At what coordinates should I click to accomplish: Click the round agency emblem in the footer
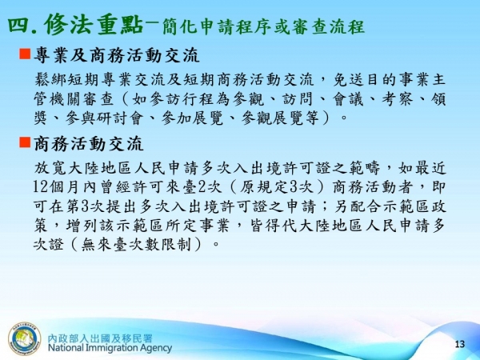point(24,338)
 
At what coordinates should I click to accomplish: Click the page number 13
point(459,344)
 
